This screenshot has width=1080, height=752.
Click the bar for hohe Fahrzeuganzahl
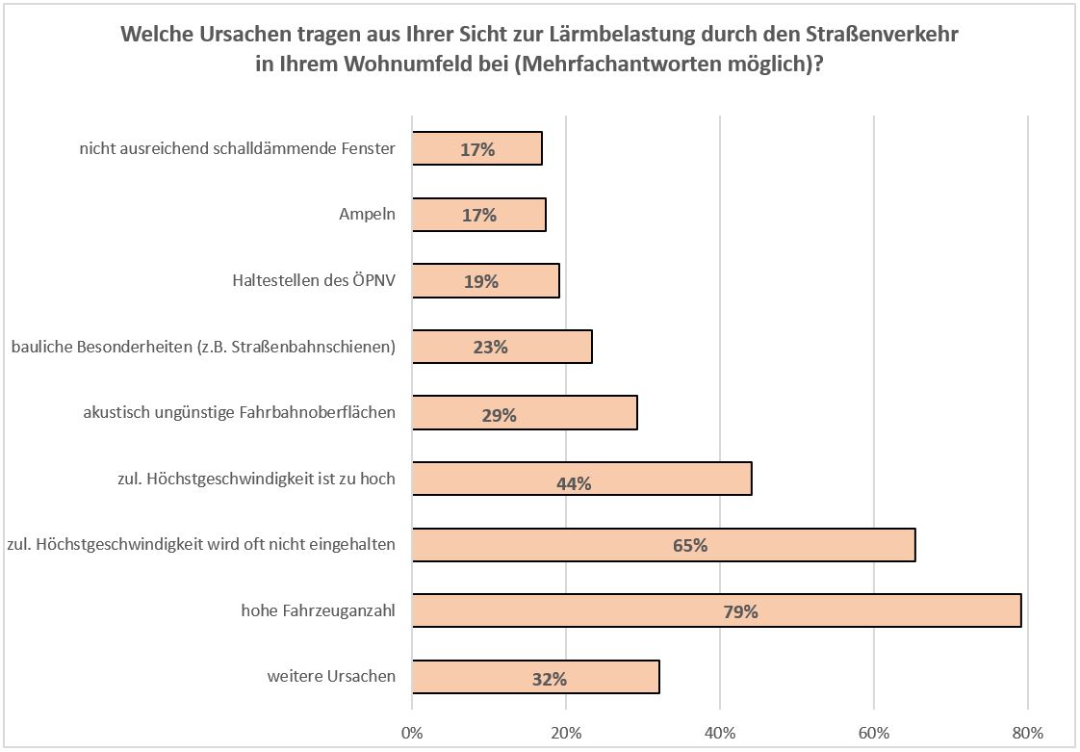716,610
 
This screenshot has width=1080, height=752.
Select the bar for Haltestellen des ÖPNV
485,281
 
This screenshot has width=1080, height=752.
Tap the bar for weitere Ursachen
535,677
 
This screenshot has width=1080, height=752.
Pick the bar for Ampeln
478,215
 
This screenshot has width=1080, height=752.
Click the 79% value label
742,611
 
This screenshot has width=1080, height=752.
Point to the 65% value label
690,546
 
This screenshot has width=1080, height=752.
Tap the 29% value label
499,416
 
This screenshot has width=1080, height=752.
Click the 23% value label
490,348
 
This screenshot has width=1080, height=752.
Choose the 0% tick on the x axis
412,734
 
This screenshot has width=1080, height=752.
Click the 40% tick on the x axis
720,734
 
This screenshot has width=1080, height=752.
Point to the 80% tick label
1028,734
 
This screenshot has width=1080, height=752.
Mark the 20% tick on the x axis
566,734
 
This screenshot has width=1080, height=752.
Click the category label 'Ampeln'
367,216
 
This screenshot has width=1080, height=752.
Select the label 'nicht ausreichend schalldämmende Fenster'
237,150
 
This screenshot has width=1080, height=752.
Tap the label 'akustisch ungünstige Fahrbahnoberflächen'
240,414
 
